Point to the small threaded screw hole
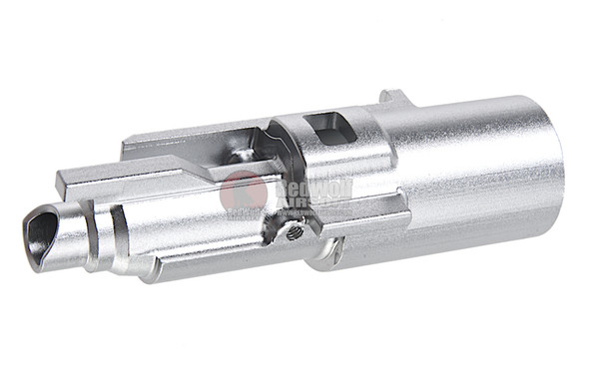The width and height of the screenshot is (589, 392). pyautogui.click(x=291, y=231)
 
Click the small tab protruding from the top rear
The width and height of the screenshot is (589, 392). pyautogui.click(x=393, y=99)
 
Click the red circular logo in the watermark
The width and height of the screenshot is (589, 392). pyautogui.click(x=243, y=191)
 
